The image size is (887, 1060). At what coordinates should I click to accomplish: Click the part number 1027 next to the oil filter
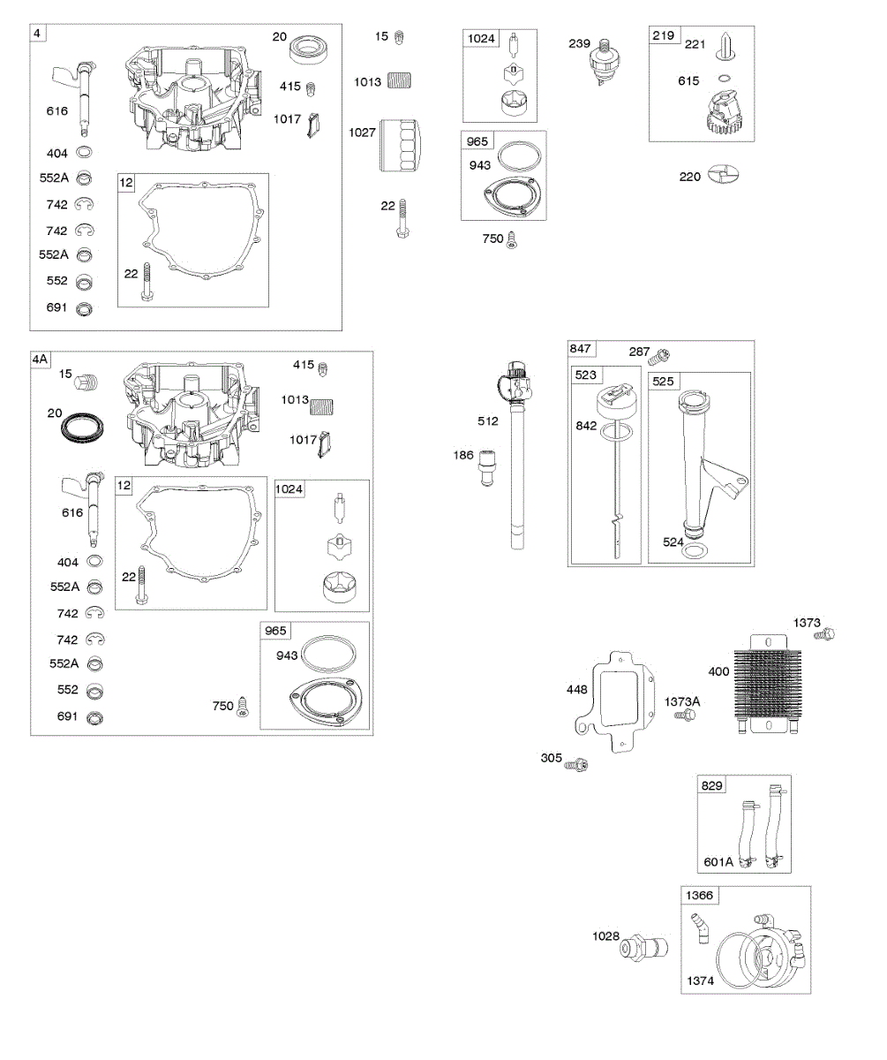pos(362,132)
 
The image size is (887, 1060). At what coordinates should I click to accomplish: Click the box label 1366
pos(700,896)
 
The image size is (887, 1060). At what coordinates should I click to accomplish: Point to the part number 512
pos(486,421)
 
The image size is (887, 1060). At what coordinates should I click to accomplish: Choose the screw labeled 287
pos(659,356)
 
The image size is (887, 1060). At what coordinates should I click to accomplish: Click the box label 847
pos(583,349)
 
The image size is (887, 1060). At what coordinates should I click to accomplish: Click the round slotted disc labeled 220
pos(723,175)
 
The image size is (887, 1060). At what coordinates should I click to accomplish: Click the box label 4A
pos(41,360)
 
